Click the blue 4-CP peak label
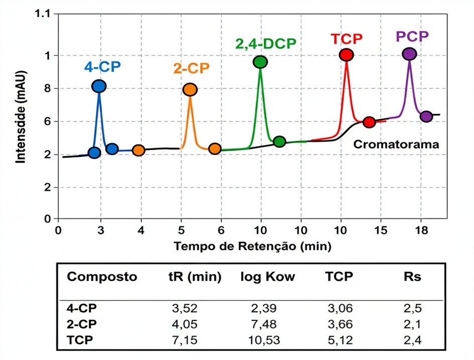[x=102, y=66]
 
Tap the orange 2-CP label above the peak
[x=191, y=68]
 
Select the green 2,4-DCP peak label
[x=266, y=44]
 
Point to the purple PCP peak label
[x=412, y=36]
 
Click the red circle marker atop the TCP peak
[x=346, y=55]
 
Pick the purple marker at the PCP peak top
[x=409, y=54]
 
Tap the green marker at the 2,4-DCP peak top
[x=260, y=62]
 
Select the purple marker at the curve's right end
[x=426, y=116]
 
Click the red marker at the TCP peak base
[x=369, y=122]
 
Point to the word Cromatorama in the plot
[x=396, y=145]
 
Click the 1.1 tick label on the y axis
[x=43, y=14]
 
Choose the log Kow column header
[x=268, y=277]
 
